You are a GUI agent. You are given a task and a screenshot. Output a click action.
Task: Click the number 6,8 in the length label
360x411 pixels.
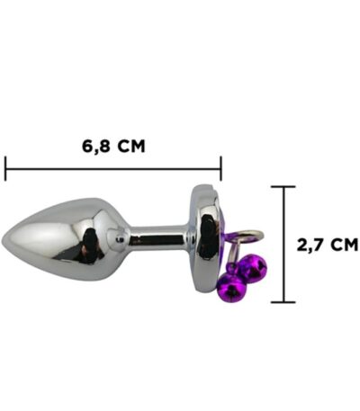click(95, 147)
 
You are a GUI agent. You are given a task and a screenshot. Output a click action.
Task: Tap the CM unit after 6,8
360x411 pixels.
click(131, 147)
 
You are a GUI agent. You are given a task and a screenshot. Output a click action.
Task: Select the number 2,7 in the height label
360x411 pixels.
click(310, 245)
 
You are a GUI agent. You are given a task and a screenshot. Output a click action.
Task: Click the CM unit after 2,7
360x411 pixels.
click(345, 245)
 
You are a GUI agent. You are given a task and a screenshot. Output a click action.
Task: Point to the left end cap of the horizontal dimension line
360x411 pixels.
click(5, 168)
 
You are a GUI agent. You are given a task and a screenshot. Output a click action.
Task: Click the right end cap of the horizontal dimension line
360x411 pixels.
click(221, 168)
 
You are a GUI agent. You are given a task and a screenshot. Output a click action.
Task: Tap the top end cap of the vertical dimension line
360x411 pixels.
click(283, 186)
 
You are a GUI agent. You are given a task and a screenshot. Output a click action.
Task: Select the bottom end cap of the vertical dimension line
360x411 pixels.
click(283, 302)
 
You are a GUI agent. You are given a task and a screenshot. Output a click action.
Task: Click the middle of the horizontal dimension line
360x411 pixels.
click(113, 168)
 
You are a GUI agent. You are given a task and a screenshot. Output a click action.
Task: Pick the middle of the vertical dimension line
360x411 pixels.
click(283, 245)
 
